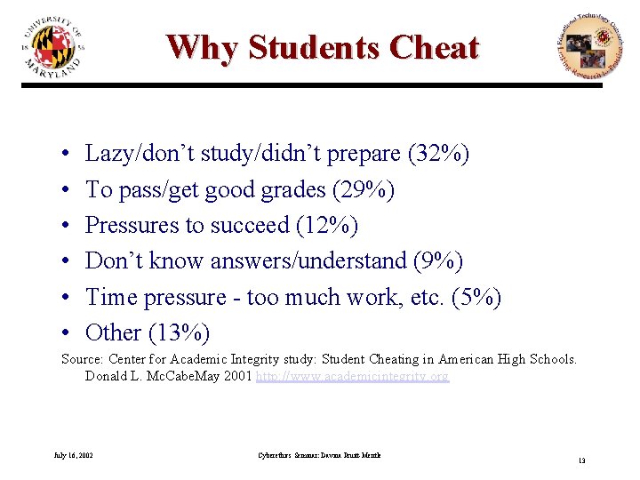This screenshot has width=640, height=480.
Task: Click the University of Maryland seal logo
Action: pyautogui.click(x=54, y=47)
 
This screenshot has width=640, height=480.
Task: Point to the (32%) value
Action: pyautogui.click(x=438, y=154)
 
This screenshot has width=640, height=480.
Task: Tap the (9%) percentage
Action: pyautogui.click(x=438, y=261)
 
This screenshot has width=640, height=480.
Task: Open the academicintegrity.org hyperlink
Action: pyautogui.click(x=352, y=377)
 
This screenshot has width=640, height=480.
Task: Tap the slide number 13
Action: pyautogui.click(x=582, y=460)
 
